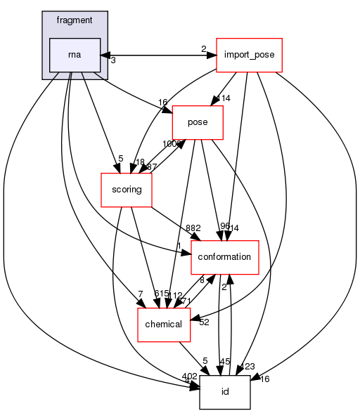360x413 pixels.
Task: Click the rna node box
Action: (x=75, y=55)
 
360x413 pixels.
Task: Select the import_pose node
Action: (x=249, y=55)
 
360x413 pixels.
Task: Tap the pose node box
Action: (x=198, y=122)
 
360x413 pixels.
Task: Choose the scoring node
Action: (x=127, y=190)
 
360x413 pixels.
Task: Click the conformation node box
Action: (x=225, y=257)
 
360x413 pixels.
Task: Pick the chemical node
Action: (x=163, y=324)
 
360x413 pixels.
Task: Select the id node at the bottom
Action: (x=225, y=392)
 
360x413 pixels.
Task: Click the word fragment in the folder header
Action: (x=75, y=20)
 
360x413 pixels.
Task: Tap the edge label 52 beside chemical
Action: (x=205, y=322)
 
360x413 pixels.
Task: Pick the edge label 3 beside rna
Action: (x=112, y=61)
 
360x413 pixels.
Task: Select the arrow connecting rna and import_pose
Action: (x=158, y=55)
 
